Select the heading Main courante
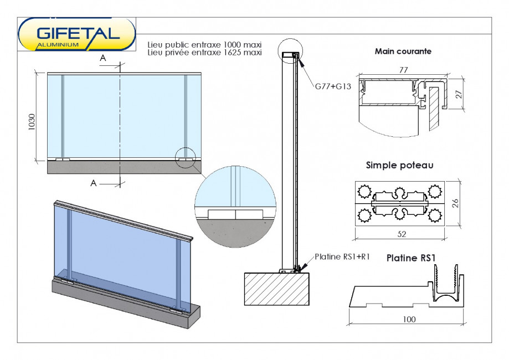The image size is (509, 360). (403, 52)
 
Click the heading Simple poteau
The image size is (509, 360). (399, 165)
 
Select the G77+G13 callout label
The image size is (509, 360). (333, 86)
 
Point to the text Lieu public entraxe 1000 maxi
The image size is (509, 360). (204, 45)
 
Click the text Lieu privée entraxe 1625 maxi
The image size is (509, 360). (204, 53)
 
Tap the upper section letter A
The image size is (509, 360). (102, 58)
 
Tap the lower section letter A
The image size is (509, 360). (94, 183)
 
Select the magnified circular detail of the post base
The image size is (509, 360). (235, 200)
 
